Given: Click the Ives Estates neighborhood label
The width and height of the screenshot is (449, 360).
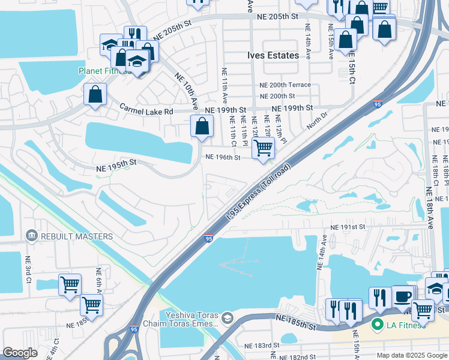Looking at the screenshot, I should click(273, 55).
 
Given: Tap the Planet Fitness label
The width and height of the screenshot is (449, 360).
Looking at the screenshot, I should click(103, 70).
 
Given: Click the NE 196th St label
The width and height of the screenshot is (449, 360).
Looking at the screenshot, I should click(223, 157).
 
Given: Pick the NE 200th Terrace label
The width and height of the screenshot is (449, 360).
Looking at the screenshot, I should click(285, 85).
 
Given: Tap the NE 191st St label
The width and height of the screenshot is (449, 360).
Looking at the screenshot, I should click(348, 227).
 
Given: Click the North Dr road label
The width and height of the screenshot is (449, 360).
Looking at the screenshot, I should click(318, 121).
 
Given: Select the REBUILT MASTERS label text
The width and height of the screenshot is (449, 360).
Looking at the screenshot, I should click(76, 236).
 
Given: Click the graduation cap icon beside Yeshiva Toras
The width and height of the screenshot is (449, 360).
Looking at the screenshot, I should click(227, 317).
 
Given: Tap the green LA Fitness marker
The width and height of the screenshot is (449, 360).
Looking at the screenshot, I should click(378, 325).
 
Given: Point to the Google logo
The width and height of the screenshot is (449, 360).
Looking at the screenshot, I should click(20, 353).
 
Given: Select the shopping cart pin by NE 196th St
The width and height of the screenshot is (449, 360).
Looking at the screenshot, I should click(263, 148).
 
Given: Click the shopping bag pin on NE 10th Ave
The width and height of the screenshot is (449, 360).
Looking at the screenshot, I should click(202, 126).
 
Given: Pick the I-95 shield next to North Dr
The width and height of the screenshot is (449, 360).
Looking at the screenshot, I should click(378, 104).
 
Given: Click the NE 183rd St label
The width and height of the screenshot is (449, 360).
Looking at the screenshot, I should click(262, 346).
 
